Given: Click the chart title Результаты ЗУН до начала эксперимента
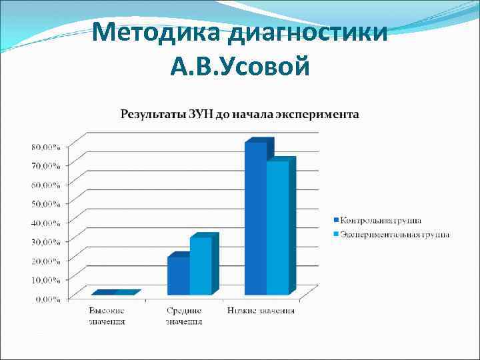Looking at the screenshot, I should (239, 114).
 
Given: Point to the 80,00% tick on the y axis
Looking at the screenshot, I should (45, 146).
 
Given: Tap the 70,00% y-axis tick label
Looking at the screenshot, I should (45, 165).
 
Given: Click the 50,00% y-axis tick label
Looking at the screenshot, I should (45, 203).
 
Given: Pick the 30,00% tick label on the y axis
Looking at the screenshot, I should (45, 241).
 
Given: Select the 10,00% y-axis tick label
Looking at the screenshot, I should (45, 279).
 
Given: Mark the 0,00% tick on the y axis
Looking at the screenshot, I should (47, 299).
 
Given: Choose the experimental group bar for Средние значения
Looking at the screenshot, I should (200, 266).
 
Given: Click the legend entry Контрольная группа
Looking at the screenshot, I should (381, 220).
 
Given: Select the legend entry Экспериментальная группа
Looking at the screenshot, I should (394, 235).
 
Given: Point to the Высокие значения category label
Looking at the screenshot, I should (107, 315).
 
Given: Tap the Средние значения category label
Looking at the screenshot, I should (183, 315).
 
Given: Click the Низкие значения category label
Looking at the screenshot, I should (261, 311).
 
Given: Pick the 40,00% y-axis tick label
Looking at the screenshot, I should (45, 222).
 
